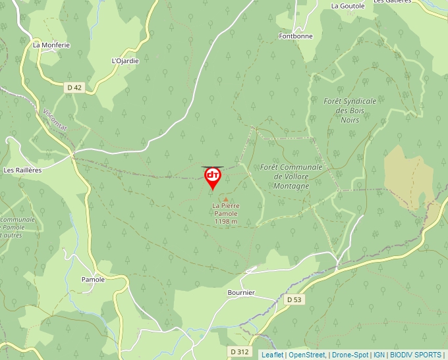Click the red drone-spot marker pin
[x=213, y=177]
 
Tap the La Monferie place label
[x=51, y=45]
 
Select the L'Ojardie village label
[x=125, y=61]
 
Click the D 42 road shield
[x=74, y=88]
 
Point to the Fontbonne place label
[x=295, y=36]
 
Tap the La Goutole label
[x=348, y=6]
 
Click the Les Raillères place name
[x=22, y=170]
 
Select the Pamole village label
[x=93, y=280]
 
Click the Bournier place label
[x=240, y=292]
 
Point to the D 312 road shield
[x=240, y=352]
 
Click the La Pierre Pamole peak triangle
[x=226, y=199]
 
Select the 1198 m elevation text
[x=226, y=222]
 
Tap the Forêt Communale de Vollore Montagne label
[x=291, y=176]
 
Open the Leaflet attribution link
[x=272, y=355]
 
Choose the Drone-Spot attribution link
[x=350, y=355]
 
